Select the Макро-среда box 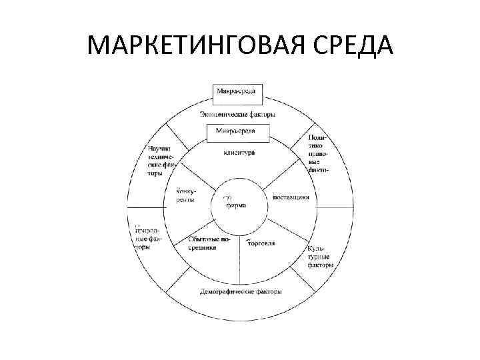(x=238, y=91)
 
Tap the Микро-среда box (x=238, y=132)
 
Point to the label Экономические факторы (x=239, y=114)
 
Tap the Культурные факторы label (x=320, y=256)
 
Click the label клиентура (x=238, y=153)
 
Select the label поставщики (x=291, y=197)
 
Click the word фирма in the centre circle (x=236, y=205)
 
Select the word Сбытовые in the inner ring (x=203, y=239)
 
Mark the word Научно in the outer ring (x=161, y=147)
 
